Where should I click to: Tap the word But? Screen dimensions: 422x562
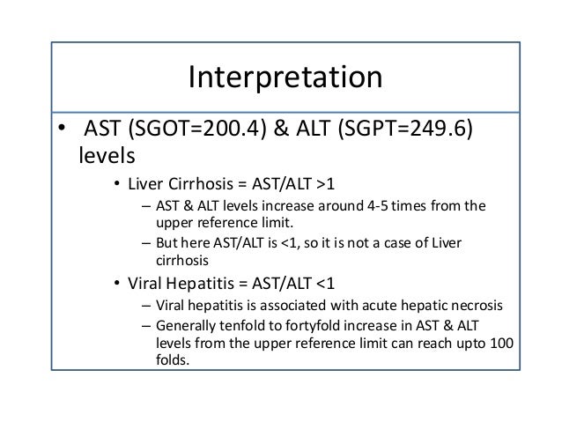(168, 242)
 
